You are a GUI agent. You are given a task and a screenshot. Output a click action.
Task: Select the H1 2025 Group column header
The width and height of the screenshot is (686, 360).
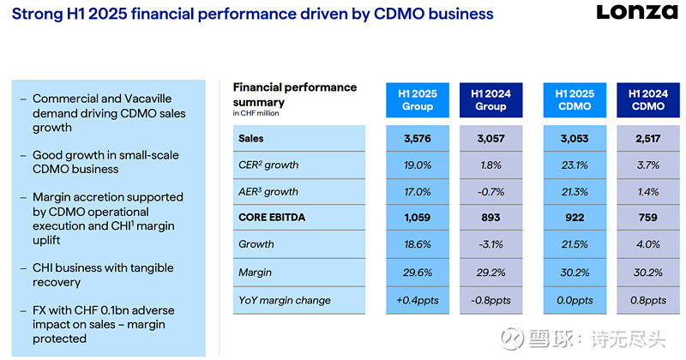(x=418, y=99)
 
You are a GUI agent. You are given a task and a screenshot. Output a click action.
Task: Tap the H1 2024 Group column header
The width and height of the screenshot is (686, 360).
(x=490, y=99)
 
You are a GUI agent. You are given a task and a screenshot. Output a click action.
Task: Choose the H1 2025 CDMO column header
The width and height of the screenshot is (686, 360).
(x=574, y=99)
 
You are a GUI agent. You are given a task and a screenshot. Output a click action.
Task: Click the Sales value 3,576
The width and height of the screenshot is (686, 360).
(x=418, y=139)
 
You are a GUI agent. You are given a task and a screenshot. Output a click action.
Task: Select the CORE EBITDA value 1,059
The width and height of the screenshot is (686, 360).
(x=418, y=218)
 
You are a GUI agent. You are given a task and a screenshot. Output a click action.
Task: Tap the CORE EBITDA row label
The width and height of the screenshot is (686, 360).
(x=273, y=218)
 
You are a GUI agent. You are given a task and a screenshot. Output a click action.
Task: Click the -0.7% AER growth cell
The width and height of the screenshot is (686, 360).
(x=491, y=191)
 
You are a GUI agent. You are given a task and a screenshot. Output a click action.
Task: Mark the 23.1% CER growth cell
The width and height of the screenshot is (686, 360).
(x=575, y=165)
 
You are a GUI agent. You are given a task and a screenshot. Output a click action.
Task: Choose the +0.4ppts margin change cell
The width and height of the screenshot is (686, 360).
(x=418, y=300)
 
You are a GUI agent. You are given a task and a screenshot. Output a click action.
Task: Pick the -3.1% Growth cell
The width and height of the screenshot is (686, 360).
(x=491, y=244)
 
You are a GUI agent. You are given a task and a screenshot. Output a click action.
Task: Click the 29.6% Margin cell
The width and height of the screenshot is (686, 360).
(x=418, y=272)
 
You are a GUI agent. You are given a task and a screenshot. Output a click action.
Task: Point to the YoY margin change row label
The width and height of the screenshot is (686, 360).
(x=285, y=300)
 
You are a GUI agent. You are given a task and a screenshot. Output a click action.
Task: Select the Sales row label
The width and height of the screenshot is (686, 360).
(x=251, y=139)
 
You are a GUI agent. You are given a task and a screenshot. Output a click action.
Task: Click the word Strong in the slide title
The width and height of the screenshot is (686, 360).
(x=36, y=14)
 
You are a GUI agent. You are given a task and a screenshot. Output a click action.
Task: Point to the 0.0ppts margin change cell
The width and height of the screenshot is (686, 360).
(x=575, y=300)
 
